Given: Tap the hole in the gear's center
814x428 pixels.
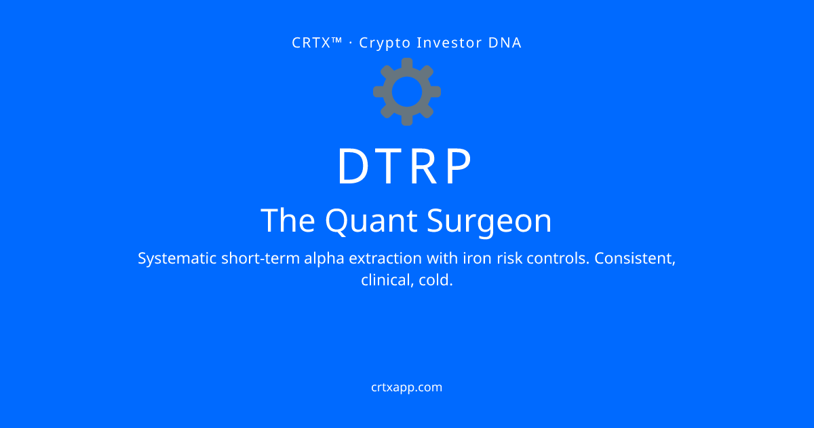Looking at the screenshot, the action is [x=407, y=92].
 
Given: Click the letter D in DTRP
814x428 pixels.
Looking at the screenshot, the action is [x=353, y=166].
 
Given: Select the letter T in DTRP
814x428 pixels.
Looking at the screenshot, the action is [x=388, y=166].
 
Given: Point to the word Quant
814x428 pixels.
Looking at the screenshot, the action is [x=371, y=221].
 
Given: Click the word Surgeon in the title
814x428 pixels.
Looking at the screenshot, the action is [x=489, y=221].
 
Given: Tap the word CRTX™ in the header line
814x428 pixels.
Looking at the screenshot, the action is [x=317, y=43].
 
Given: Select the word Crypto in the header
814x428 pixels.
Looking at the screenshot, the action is [x=385, y=43].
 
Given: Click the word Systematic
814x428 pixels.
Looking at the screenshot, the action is [x=177, y=259].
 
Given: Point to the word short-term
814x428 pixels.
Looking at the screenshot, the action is [x=260, y=258].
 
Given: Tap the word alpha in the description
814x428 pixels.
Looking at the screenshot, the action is [x=324, y=259].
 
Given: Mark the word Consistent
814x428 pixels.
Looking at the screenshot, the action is [x=635, y=259].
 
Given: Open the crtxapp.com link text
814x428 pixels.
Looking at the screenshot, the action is [x=406, y=388].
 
